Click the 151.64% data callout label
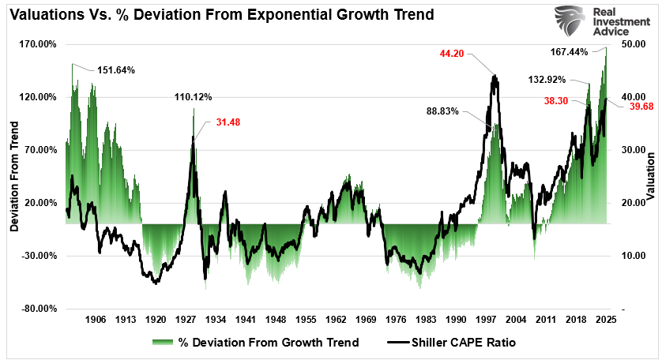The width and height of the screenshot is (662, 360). click(116, 69)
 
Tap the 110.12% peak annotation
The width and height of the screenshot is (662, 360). click(194, 97)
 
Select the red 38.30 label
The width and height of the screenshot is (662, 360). click(557, 100)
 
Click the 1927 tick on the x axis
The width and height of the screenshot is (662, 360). click(186, 320)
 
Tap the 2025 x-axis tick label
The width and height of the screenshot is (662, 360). click(606, 320)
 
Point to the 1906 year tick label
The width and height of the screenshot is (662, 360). click(96, 320)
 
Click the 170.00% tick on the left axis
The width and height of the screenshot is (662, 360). click(37, 44)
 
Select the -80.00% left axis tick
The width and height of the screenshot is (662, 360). click(37, 309)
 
